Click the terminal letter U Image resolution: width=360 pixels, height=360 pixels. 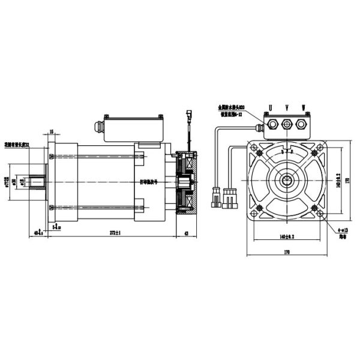click(x=269, y=108)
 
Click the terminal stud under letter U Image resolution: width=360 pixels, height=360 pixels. click(x=271, y=125)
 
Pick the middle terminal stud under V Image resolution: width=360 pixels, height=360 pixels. click(x=286, y=125)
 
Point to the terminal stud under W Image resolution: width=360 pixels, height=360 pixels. click(x=302, y=125)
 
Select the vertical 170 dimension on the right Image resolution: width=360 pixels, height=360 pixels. click(x=349, y=178)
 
